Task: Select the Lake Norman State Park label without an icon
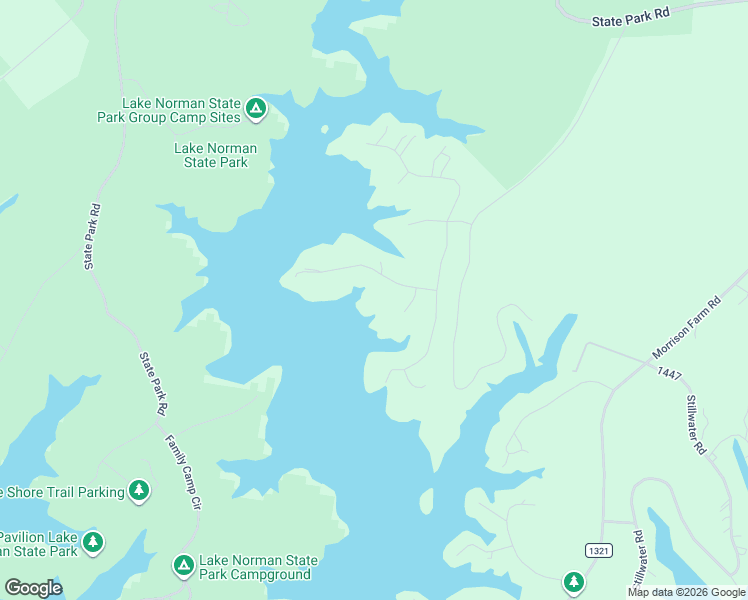[x=215, y=155]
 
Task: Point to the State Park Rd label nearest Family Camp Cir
[x=153, y=383]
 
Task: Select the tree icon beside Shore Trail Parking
[x=139, y=490]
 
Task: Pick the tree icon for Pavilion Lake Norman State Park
[x=93, y=542]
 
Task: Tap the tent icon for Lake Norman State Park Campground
[x=183, y=566]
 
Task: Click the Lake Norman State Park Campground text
[x=258, y=567]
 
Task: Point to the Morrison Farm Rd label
[x=687, y=328]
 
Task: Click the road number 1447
[x=670, y=372]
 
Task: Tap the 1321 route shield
[x=598, y=551]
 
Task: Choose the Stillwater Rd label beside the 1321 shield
[x=638, y=558]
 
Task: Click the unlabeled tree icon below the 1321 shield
[x=573, y=581]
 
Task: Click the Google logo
[x=33, y=588]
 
